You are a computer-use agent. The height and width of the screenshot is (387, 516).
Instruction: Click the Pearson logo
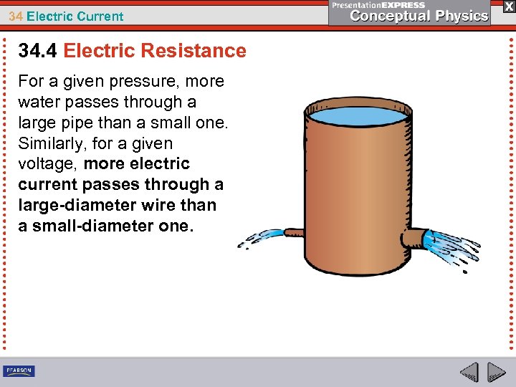click(x=19, y=371)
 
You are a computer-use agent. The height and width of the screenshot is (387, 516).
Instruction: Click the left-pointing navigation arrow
click(x=469, y=373)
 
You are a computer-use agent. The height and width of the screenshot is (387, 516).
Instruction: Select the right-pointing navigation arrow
click(x=496, y=373)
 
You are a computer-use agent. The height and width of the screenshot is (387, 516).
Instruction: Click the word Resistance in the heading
click(x=193, y=51)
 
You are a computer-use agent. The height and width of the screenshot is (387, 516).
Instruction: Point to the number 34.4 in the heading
click(x=38, y=51)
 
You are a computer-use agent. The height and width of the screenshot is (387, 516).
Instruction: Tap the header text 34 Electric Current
click(x=67, y=16)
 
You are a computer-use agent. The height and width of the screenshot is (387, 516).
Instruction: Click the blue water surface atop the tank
click(x=356, y=115)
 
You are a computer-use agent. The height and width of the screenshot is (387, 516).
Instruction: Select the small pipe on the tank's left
click(x=295, y=233)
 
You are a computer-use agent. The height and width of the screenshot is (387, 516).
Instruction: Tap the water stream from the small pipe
click(x=262, y=239)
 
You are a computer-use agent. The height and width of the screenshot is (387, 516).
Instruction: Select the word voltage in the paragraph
click(x=48, y=164)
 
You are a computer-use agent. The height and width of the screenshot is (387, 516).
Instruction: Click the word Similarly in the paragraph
click(x=51, y=143)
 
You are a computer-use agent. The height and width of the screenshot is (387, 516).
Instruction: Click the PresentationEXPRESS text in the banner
click(x=378, y=4)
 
